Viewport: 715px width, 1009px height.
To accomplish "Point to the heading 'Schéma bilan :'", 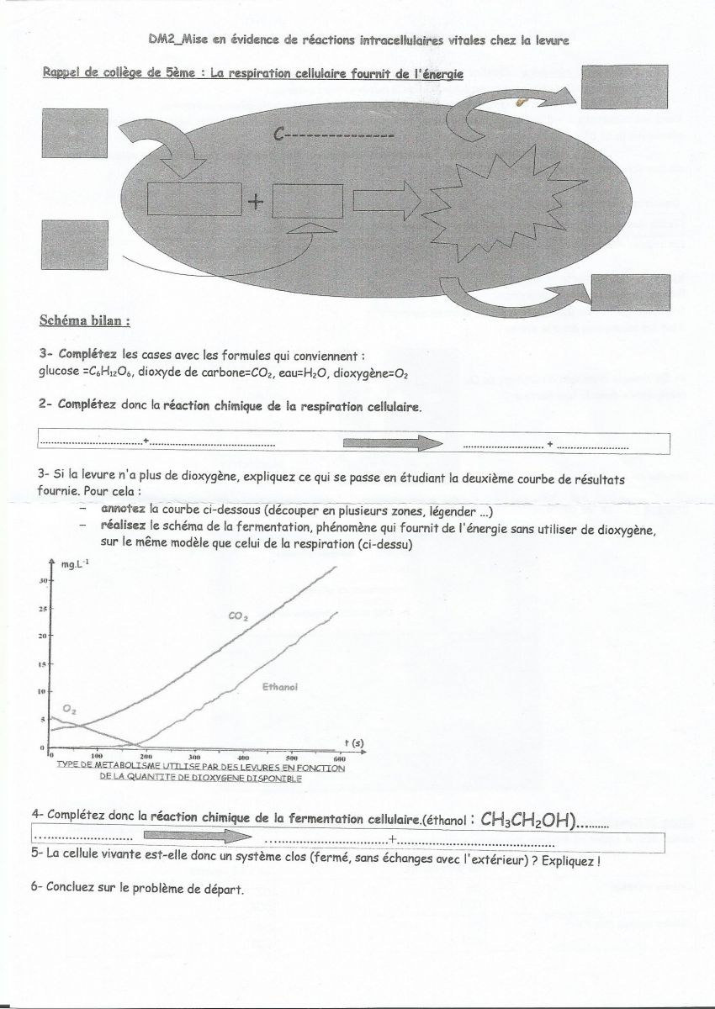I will (x=85, y=321).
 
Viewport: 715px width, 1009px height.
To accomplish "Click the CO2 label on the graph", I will (x=239, y=616).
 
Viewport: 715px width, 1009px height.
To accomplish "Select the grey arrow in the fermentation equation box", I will (x=197, y=837).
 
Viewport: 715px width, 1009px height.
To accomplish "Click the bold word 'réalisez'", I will (x=124, y=526).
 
